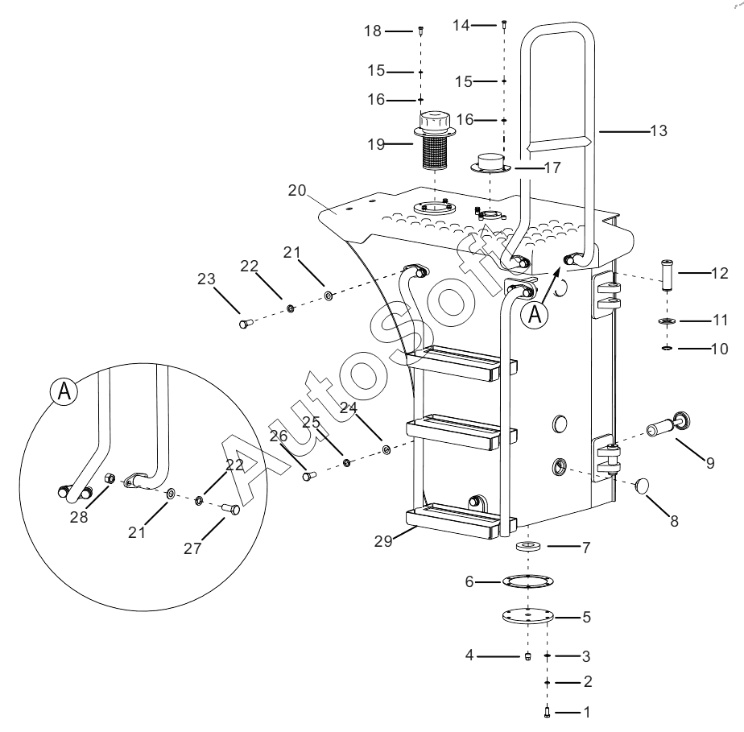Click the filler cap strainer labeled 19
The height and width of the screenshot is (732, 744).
click(435, 140)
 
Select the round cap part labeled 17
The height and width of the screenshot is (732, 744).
click(490, 163)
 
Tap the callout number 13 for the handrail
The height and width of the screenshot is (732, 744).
click(659, 130)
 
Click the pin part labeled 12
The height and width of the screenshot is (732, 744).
click(668, 275)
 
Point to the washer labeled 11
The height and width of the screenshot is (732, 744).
click(668, 321)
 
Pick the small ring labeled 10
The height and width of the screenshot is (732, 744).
click(667, 349)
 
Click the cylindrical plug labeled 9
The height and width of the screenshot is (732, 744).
click(668, 424)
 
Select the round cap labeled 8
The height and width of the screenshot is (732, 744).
click(642, 486)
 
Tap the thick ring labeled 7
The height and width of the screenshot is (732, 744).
click(528, 546)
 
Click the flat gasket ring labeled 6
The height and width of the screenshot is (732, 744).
click(528, 581)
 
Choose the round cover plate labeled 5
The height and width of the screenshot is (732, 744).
click(528, 617)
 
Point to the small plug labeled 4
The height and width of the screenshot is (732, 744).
click(528, 656)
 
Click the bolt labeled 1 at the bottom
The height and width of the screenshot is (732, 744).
click(547, 712)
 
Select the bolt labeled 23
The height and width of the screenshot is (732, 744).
click(245, 325)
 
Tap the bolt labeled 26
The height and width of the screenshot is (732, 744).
click(309, 475)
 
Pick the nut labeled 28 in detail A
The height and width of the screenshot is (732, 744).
click(109, 478)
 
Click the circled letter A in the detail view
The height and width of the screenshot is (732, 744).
click(64, 391)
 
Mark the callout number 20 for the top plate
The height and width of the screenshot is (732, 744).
click(297, 190)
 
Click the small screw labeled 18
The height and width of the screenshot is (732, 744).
click(421, 31)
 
